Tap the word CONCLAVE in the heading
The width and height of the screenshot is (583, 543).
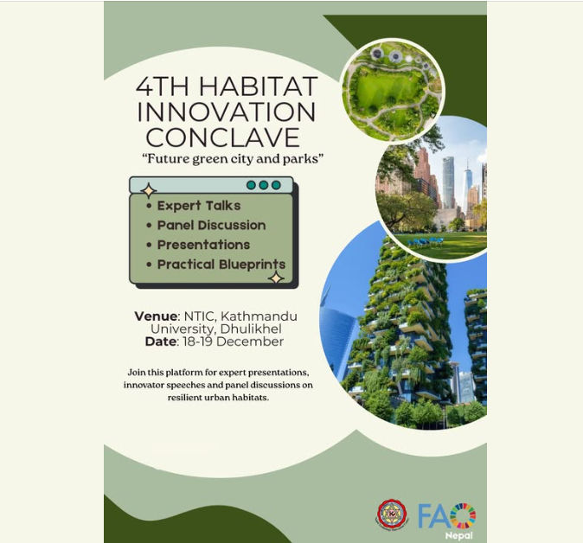222,137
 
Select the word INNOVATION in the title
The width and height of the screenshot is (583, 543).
227,112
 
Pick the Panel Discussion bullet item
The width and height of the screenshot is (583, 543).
211,225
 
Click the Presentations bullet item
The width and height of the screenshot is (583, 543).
203,245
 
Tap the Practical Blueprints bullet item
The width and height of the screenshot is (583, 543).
221,265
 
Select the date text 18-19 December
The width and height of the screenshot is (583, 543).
231,342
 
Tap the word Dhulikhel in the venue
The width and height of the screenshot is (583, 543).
254,329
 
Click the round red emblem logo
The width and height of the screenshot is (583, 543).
392,515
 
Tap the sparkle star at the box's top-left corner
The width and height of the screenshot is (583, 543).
148,190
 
